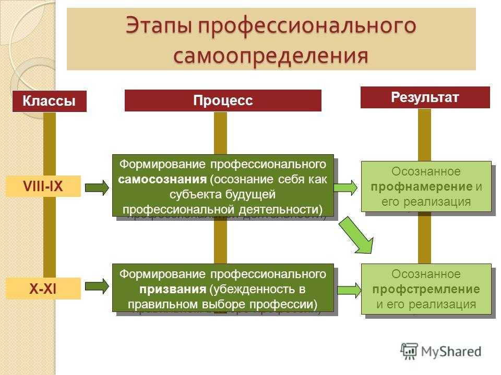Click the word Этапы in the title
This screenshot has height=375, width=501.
[159, 25]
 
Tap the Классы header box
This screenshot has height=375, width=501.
[50, 101]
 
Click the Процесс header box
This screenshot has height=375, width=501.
[223, 101]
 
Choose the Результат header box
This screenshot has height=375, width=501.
[425, 97]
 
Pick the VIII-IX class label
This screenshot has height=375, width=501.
[43, 186]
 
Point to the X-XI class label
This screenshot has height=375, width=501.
[43, 289]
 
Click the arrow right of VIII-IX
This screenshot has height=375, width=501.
[97, 187]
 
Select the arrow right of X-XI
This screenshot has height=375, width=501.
[97, 286]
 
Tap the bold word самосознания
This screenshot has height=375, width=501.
[162, 180]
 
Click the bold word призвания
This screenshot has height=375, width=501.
[173, 290]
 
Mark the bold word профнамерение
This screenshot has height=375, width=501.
[422, 187]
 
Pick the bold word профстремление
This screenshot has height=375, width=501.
[426, 290]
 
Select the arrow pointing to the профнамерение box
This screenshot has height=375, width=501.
[345, 187]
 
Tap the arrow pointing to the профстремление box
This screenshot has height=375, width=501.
[349, 290]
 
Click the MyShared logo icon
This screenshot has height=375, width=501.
[409, 352]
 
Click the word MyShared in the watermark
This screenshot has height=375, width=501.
[451, 352]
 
